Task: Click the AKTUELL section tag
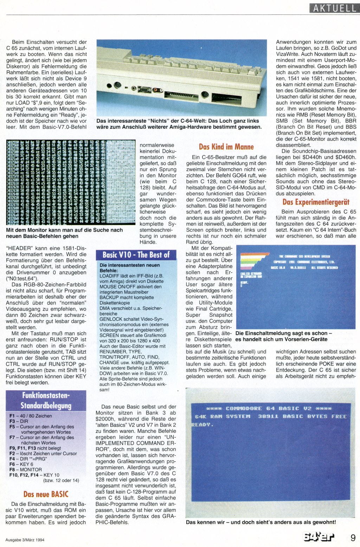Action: coord(334,8)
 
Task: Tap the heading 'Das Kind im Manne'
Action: coord(226,147)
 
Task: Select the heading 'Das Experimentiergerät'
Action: coord(316,202)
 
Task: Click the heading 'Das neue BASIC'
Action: coord(46,494)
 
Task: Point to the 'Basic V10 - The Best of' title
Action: coord(136,255)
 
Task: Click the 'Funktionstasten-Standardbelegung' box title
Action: coord(46,400)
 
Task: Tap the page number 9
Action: coord(353,538)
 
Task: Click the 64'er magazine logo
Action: coord(319,538)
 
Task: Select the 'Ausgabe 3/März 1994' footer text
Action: coord(25,540)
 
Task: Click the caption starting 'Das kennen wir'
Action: coord(261,522)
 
